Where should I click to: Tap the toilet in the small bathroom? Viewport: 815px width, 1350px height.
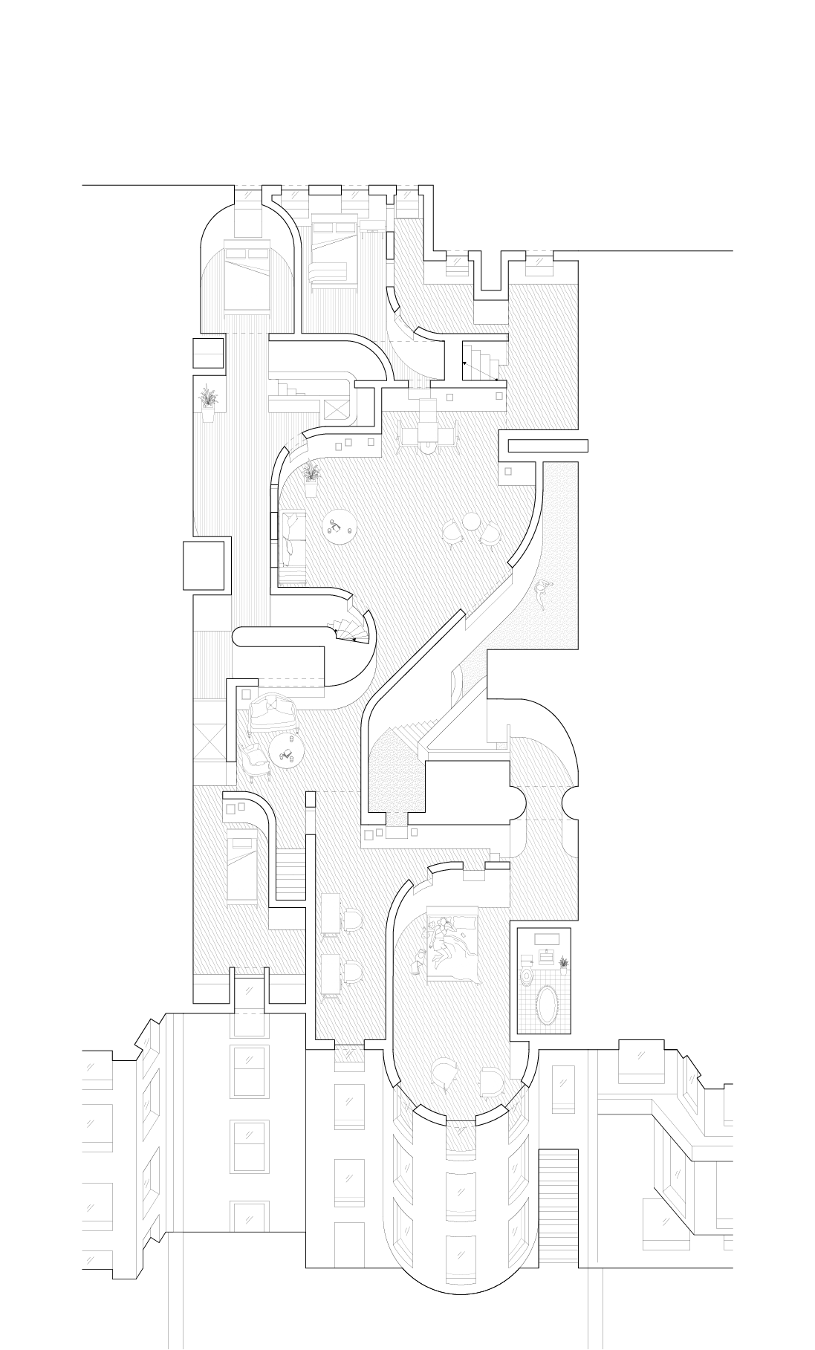[x=527, y=975]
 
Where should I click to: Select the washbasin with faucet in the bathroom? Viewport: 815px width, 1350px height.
[x=548, y=955]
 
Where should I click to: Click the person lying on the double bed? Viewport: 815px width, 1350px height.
[x=440, y=945]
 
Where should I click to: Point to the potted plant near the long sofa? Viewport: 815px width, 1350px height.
[x=311, y=480]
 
